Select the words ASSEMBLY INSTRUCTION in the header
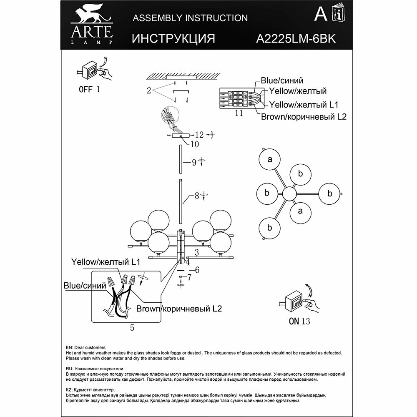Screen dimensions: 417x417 coord(190,18)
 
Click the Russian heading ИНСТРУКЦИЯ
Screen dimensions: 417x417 coord(173,39)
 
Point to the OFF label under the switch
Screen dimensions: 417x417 coord(86,89)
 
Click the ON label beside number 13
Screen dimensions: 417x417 coord(294,321)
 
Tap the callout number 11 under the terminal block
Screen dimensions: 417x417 coord(239,113)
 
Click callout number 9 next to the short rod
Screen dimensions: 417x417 coord(194,163)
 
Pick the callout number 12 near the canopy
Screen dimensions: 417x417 coord(199,135)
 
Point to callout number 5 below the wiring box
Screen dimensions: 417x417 coord(132,328)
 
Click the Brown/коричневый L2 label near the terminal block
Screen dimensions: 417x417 coord(304,117)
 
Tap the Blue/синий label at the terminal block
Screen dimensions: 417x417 coord(282,80)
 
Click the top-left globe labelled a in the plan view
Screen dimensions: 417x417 coord(270,160)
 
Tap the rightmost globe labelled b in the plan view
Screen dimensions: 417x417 coord(329,193)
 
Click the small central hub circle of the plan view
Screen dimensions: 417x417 coord(289,194)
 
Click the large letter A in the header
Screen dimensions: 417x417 coord(320,15)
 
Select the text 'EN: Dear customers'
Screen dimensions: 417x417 coord(86,347)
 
